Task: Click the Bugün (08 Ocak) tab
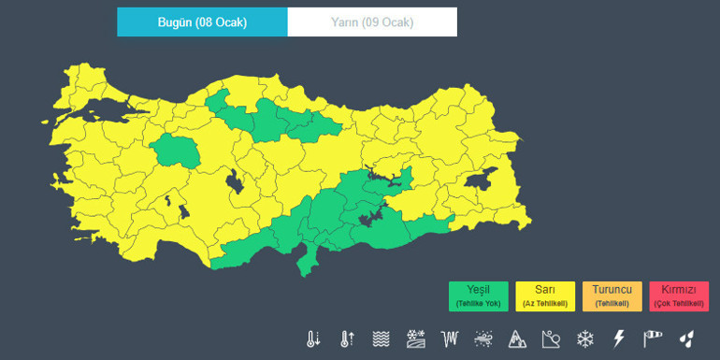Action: tap(202, 22)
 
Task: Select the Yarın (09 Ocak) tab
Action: tap(372, 22)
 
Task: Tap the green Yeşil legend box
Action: tap(478, 295)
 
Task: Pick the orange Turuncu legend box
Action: tap(612, 295)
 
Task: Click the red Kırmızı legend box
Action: tap(680, 295)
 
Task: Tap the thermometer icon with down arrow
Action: tap(313, 338)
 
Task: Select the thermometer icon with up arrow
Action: tap(347, 338)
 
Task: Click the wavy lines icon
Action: tap(381, 338)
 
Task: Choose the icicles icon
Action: tap(450, 338)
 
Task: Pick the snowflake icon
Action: tap(585, 338)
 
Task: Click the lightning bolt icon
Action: tap(618, 338)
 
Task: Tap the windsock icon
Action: tap(652, 338)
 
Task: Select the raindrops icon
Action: tap(686, 338)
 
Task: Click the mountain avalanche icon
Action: tap(517, 338)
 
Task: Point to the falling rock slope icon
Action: tap(551, 338)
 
